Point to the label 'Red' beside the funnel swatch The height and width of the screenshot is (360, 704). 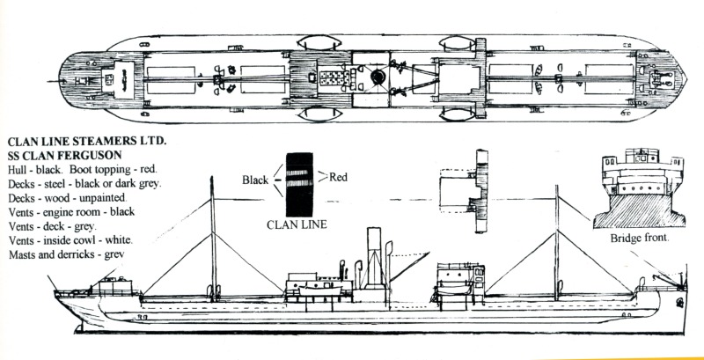(340, 177)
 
